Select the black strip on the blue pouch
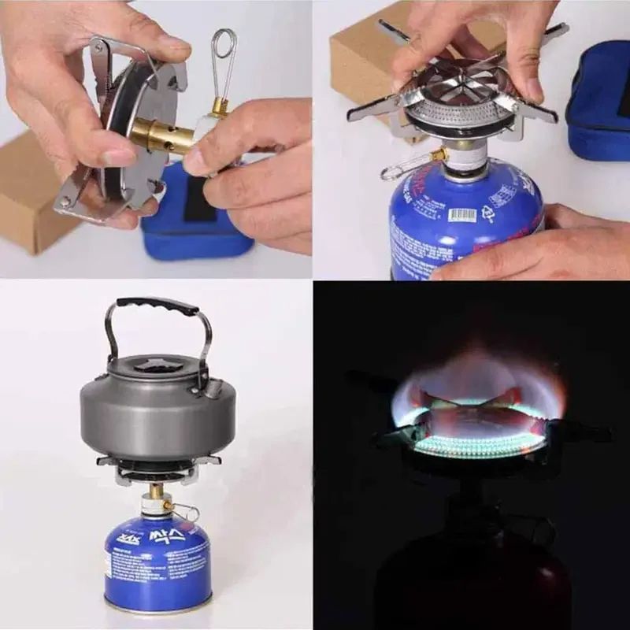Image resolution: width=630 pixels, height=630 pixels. tap(196, 200)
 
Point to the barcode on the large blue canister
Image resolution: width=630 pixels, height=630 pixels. tap(462, 213)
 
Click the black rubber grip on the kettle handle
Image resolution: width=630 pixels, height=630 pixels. tap(157, 306)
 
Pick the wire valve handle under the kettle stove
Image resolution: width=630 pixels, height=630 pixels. tap(186, 512)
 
